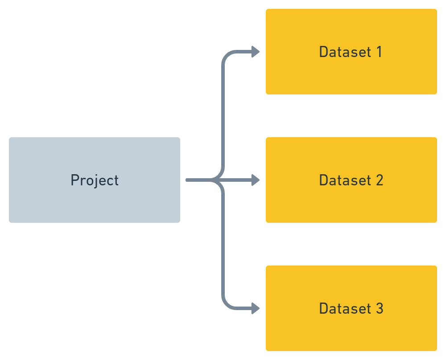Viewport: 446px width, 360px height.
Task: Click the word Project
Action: click(x=95, y=180)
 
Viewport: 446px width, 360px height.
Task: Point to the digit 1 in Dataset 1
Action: click(x=379, y=52)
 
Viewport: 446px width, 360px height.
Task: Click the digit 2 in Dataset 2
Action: click(x=379, y=180)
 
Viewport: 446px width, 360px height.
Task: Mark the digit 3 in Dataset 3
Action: click(x=379, y=309)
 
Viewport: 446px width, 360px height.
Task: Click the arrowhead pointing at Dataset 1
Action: click(x=256, y=52)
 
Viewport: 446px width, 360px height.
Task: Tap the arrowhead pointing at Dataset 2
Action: click(x=256, y=180)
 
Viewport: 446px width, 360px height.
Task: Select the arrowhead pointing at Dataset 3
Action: click(x=256, y=308)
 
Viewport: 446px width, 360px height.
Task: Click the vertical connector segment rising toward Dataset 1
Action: click(x=223, y=116)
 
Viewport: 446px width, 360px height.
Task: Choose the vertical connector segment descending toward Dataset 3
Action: click(x=223, y=245)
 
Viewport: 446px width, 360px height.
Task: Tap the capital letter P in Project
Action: click(x=74, y=180)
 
